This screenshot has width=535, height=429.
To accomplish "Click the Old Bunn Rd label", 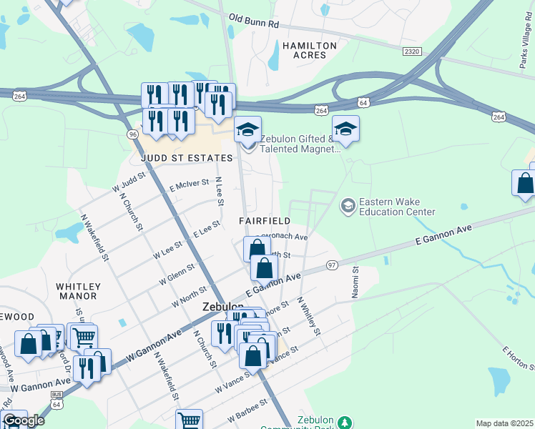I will click(x=254, y=21).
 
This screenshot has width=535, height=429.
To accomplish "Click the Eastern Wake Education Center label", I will click(x=397, y=207).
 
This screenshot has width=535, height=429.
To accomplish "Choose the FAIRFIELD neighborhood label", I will click(x=265, y=222).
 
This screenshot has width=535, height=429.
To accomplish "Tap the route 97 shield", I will click(x=331, y=266).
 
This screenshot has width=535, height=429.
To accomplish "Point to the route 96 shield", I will click(x=132, y=134).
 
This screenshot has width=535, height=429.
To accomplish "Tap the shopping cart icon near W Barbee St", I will click(x=189, y=420).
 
